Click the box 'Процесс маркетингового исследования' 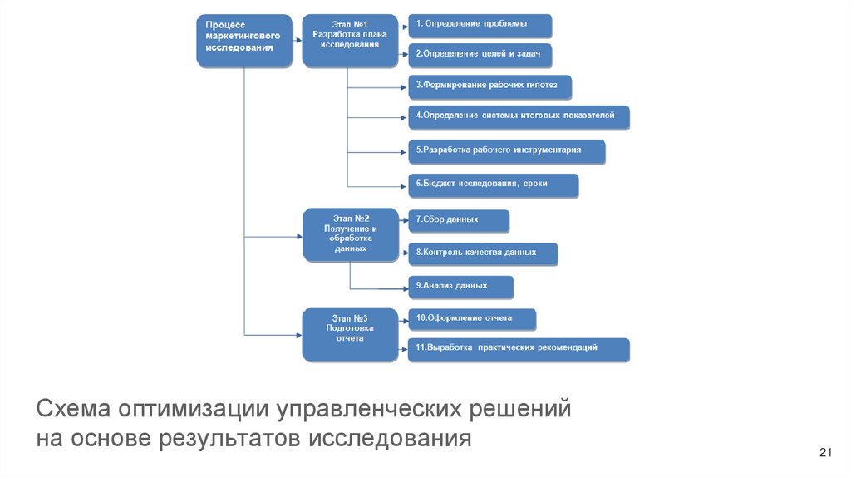pyautogui.click(x=244, y=40)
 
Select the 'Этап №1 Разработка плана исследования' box pyautogui.click(x=349, y=40)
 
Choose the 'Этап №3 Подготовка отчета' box pyautogui.click(x=350, y=332)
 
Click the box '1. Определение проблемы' pyautogui.click(x=480, y=25)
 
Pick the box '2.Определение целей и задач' pyautogui.click(x=480, y=55)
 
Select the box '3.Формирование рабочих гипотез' pyautogui.click(x=489, y=86)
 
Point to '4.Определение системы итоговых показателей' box pyautogui.click(x=518, y=116)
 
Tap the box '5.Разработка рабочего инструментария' pyautogui.click(x=505, y=151)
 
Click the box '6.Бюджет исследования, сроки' pyautogui.click(x=492, y=184)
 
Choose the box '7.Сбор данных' pyautogui.click(x=457, y=220)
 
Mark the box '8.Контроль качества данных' pyautogui.click(x=481, y=253)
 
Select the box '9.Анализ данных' pyautogui.click(x=460, y=287)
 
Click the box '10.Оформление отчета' pyautogui.click(x=470, y=318)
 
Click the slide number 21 pyautogui.click(x=825, y=452)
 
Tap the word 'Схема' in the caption pyautogui.click(x=72, y=409)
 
